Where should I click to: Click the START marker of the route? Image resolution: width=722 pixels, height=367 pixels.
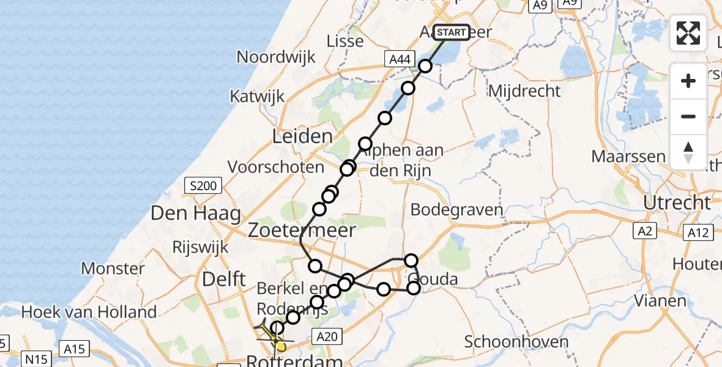452,32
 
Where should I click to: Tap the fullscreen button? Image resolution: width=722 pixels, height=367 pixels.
688,33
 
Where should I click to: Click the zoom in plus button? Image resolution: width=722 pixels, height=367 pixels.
688,81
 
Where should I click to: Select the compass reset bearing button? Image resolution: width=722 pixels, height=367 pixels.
688,152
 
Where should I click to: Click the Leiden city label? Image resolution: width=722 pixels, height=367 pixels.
303,136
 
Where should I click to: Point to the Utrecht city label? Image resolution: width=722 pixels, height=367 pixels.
677,202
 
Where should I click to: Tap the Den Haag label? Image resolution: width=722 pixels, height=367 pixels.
188,214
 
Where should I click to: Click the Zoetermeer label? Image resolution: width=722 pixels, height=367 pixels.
302,231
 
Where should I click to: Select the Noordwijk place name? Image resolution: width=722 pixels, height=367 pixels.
276,57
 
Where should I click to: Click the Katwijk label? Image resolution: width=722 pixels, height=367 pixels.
258,96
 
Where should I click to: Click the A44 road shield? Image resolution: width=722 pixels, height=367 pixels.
398,59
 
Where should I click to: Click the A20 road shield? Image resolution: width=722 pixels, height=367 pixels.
326,335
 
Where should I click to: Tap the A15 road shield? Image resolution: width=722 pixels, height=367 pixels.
75,349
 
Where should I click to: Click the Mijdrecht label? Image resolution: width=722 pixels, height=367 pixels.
524,92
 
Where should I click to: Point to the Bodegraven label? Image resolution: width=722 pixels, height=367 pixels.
456,210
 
